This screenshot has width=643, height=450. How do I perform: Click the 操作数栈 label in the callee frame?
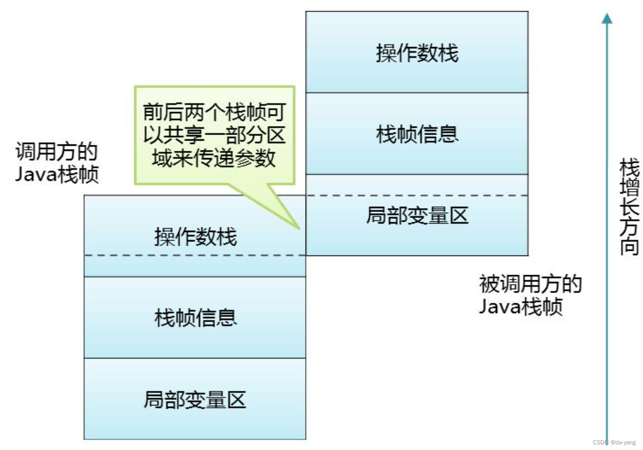coord(417,52)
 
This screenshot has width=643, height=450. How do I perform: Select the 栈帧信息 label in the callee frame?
coord(417,134)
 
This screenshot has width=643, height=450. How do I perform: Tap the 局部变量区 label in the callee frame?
coord(417,216)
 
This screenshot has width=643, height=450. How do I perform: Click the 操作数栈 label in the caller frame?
coord(195,236)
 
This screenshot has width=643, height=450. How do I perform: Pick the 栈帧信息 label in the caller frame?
coord(195,318)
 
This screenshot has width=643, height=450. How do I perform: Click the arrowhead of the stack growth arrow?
coord(607,18)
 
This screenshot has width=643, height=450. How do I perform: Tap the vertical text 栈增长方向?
coord(629,206)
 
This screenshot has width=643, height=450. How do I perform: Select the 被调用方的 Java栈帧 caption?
coord(530,295)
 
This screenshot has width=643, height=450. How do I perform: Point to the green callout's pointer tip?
coord(299,228)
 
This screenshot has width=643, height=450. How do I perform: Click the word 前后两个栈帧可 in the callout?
coord(214,112)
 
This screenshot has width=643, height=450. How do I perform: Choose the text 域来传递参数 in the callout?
coord(214,158)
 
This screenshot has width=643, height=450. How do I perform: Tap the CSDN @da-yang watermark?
coord(614,442)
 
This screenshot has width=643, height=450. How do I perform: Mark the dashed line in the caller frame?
coord(194,255)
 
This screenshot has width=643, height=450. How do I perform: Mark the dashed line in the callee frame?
coord(417,195)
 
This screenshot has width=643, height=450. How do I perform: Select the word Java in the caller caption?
coord(36,174)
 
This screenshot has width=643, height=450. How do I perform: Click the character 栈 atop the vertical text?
coord(629,168)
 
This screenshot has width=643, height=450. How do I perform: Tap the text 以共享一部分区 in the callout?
coord(214,135)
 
